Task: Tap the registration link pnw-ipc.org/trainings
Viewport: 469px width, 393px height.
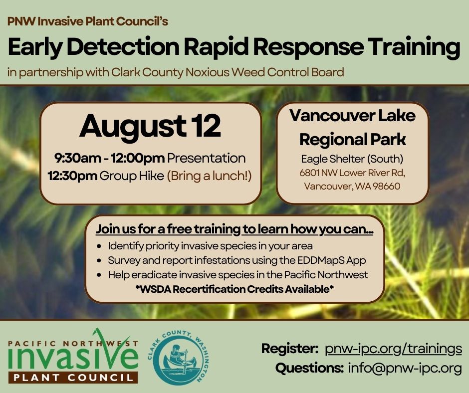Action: click(393, 349)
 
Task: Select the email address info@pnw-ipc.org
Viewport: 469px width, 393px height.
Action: click(405, 368)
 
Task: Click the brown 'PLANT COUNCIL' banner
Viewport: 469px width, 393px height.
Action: click(73, 378)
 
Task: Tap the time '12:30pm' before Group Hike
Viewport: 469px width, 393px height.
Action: click(72, 176)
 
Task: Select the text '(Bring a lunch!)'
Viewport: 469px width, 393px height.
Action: click(209, 176)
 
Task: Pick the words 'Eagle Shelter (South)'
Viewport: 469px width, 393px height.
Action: click(352, 159)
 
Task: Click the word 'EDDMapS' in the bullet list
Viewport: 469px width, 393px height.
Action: click(320, 260)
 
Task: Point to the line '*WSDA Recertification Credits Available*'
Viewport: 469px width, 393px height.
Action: click(234, 289)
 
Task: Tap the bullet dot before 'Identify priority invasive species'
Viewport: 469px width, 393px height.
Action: click(99, 246)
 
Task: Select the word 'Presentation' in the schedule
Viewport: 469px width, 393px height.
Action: click(207, 158)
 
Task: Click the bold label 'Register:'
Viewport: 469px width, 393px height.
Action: click(289, 349)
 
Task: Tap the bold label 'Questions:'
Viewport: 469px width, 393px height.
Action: click(309, 368)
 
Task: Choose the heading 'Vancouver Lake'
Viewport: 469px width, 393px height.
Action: click(352, 116)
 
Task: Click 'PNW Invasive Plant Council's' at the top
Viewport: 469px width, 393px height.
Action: click(88, 21)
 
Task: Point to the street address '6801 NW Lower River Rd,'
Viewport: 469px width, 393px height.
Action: click(352, 173)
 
